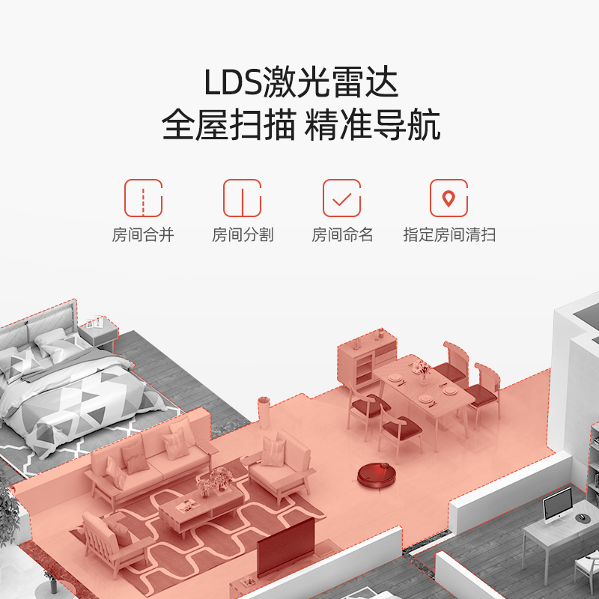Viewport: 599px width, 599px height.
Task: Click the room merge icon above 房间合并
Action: pos(143,198)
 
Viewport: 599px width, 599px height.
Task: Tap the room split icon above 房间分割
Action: pos(243,198)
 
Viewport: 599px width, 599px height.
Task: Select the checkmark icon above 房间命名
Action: pos(342,198)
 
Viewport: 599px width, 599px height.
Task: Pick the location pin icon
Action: pos(449,198)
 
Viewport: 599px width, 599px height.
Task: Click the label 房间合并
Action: pos(143,235)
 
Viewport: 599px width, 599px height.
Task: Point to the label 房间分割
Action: pos(243,235)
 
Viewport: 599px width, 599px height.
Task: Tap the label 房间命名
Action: pos(342,235)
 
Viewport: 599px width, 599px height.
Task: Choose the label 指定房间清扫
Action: pos(449,235)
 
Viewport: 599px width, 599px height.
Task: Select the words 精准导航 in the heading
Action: pos(372,125)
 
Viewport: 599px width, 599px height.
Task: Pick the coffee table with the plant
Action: pos(199,509)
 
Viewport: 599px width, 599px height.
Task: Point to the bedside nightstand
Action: pos(98,333)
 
